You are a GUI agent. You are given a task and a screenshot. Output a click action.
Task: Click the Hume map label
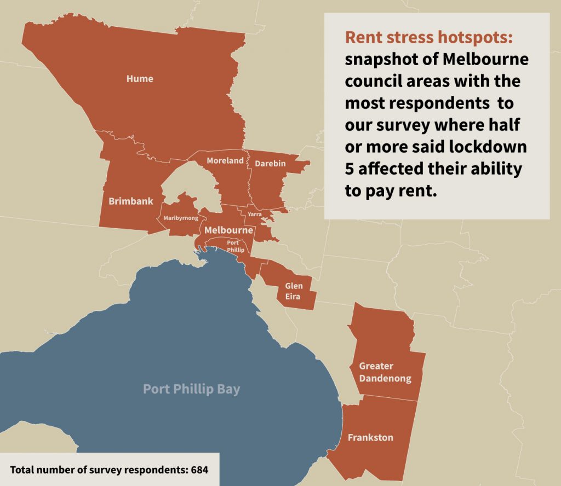point(140,79)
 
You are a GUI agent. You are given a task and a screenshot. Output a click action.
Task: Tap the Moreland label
point(225,161)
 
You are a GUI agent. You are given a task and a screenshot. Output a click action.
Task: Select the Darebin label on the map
point(267,163)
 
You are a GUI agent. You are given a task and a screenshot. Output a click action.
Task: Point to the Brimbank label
point(130,201)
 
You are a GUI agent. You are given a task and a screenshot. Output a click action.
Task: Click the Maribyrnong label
point(181,219)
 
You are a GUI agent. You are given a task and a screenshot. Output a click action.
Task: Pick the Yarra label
point(254,214)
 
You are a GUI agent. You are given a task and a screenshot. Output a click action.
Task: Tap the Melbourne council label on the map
point(228,230)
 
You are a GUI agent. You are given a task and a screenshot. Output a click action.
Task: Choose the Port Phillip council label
point(233,246)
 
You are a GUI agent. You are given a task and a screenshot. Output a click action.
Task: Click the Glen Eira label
point(294,291)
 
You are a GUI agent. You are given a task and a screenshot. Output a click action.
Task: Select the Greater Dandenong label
point(385,372)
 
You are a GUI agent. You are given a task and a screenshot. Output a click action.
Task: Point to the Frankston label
point(370,438)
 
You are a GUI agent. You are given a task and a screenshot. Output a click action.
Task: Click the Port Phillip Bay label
point(191,389)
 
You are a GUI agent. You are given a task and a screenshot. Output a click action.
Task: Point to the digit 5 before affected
point(349,169)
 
